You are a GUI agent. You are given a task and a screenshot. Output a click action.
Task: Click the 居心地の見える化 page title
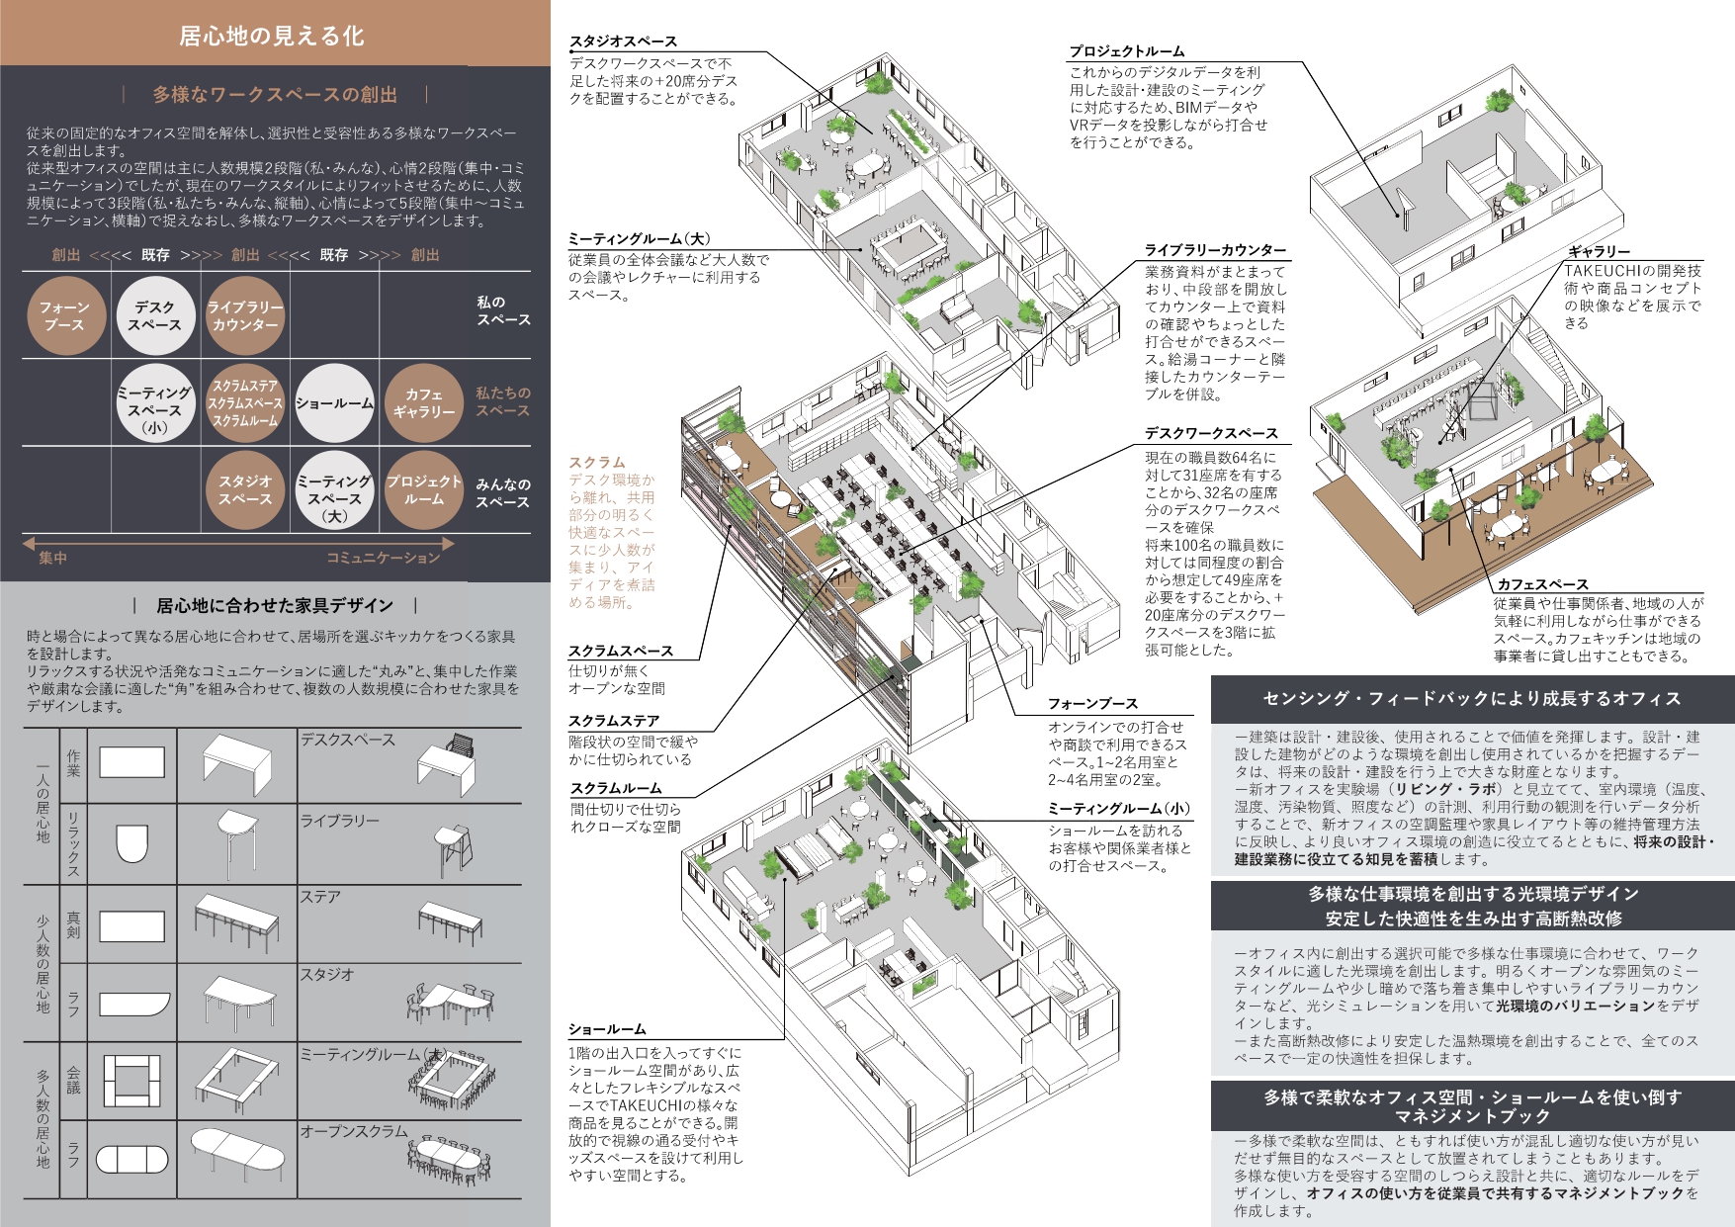(x=272, y=37)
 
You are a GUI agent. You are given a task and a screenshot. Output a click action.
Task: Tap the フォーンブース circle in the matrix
(x=65, y=315)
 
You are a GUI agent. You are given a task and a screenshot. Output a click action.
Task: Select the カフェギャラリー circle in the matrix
(x=424, y=403)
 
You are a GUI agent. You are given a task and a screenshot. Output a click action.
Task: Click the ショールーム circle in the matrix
(x=335, y=403)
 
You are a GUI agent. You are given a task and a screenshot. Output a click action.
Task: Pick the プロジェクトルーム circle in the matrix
(x=424, y=490)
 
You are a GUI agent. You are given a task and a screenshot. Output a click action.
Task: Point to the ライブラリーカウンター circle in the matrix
(x=245, y=315)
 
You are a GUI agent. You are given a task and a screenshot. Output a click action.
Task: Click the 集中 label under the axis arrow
(x=52, y=559)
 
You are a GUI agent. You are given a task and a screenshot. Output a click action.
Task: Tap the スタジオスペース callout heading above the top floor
(x=623, y=42)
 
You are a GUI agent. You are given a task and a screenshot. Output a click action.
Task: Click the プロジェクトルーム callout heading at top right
(x=1127, y=51)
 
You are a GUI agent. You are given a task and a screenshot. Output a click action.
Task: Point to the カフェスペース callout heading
(x=1542, y=585)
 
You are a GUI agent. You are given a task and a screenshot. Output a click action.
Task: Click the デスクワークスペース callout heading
(x=1212, y=434)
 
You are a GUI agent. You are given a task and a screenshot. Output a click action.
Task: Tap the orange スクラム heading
(x=597, y=463)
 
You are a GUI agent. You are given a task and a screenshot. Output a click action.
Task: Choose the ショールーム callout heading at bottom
(x=607, y=1030)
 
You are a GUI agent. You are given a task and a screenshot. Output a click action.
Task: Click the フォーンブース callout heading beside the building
(x=1093, y=704)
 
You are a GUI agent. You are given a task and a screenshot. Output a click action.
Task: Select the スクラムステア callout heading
(x=614, y=722)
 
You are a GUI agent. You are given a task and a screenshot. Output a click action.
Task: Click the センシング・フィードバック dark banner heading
(x=1472, y=699)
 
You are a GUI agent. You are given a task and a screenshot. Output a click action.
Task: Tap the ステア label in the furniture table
(x=320, y=897)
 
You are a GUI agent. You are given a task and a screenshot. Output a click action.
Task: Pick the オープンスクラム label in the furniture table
(x=354, y=1131)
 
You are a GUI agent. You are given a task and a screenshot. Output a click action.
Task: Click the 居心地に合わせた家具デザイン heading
(x=275, y=605)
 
